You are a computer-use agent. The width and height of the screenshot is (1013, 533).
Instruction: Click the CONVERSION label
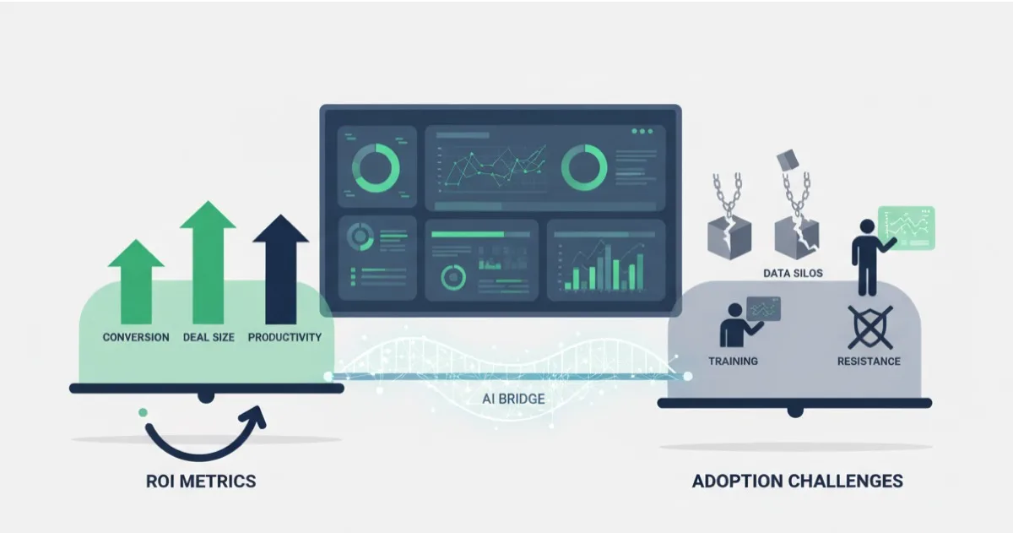click(x=136, y=337)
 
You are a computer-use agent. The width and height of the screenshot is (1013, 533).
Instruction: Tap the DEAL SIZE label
click(x=209, y=337)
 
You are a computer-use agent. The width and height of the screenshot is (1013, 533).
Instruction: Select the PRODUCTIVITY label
click(x=284, y=337)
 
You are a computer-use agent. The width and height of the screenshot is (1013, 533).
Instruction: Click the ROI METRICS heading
click(x=200, y=481)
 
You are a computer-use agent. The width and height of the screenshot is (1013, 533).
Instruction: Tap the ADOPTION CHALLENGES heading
click(x=797, y=481)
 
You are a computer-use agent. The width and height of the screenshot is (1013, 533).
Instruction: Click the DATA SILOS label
click(x=793, y=273)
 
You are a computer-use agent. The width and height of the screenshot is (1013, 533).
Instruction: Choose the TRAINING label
click(x=733, y=361)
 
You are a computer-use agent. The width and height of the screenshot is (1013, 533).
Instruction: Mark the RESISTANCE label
click(x=869, y=361)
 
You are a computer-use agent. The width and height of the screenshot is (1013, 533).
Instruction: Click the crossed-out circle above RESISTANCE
click(x=869, y=327)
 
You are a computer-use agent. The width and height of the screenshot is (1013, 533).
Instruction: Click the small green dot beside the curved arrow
click(x=143, y=412)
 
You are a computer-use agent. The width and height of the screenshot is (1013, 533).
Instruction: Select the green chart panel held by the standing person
click(x=907, y=226)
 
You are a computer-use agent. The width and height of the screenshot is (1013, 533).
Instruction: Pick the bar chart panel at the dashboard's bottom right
click(x=604, y=260)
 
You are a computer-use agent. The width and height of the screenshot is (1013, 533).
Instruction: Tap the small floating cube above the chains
click(x=787, y=159)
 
